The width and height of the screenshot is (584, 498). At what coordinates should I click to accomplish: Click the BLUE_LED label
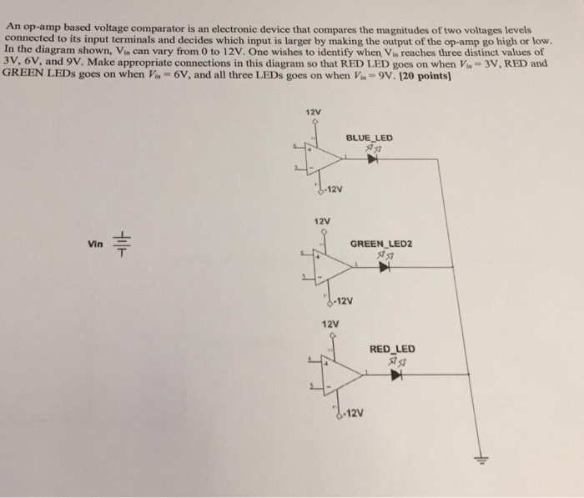click(369, 138)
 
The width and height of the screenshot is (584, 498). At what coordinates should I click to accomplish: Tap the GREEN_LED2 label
click(380, 244)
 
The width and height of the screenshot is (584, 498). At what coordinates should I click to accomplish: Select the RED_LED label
click(392, 349)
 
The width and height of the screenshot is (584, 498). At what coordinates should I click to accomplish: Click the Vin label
click(95, 244)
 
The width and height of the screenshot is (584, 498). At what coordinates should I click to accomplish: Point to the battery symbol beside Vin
click(122, 243)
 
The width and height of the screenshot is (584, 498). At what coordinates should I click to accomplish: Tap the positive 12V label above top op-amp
click(313, 112)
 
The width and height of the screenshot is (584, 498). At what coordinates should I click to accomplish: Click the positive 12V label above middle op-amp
click(322, 220)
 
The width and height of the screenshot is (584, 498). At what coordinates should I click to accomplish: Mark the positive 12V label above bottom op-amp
click(330, 323)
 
